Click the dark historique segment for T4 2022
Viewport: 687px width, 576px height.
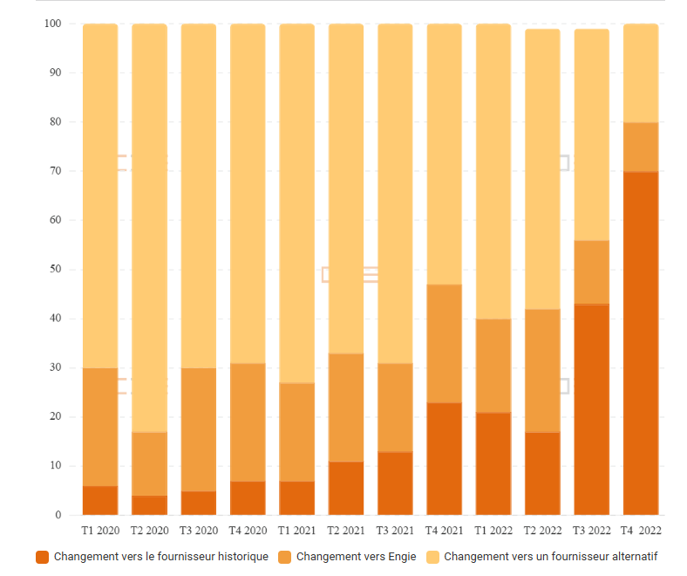click(641, 343)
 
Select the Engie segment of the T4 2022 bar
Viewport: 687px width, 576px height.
click(641, 147)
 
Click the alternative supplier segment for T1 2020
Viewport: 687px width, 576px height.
click(100, 195)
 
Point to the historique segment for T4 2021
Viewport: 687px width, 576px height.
click(445, 458)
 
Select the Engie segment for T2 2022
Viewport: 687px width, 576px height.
click(542, 370)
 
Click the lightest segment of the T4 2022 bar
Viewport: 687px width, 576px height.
click(641, 73)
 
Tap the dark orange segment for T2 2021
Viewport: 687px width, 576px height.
click(346, 488)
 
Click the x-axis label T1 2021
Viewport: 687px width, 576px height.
click(297, 531)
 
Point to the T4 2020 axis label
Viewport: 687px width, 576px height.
click(248, 531)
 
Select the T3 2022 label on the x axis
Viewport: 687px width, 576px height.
click(592, 531)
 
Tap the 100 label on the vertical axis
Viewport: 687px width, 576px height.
click(51, 24)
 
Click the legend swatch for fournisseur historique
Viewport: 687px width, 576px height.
click(42, 557)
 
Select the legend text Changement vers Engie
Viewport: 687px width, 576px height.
click(356, 557)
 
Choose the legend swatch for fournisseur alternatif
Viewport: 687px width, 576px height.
click(432, 557)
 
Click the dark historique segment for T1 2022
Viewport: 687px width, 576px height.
click(493, 463)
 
